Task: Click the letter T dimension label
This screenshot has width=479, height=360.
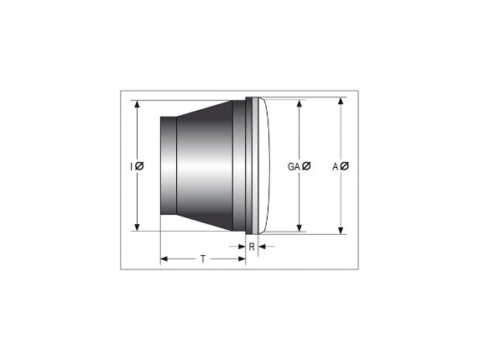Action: point(203,259)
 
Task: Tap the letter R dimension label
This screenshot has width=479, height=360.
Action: point(252,247)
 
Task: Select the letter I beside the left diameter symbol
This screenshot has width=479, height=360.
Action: point(132,166)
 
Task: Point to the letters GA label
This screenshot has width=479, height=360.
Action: point(294,166)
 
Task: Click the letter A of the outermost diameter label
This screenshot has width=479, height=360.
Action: point(336,166)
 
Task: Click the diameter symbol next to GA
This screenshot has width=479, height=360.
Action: point(306,166)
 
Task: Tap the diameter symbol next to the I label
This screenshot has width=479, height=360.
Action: point(139,166)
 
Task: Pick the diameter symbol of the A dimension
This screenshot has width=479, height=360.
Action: point(344,166)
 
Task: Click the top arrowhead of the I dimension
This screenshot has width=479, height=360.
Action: point(137,104)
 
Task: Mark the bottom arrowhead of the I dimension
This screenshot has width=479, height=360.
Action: point(137,227)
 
